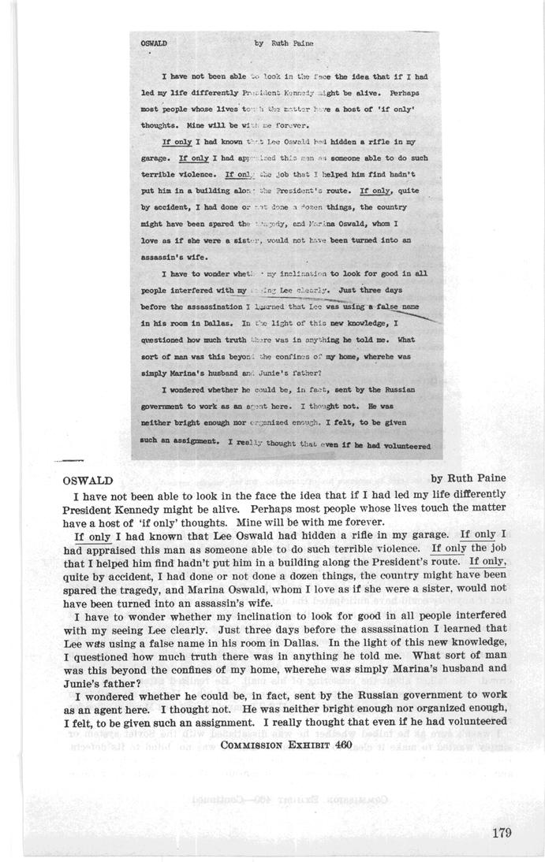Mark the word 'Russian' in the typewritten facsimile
pyautogui.click(x=394, y=389)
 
